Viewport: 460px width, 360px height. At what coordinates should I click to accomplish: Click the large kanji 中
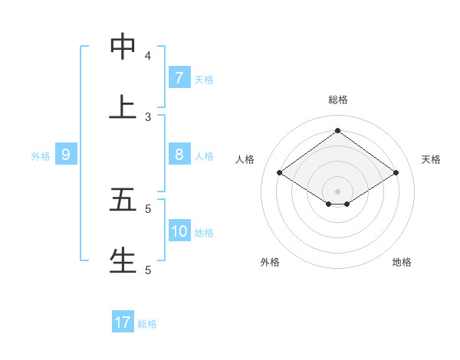tap(123, 47)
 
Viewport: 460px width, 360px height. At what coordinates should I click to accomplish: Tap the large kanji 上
tap(123, 107)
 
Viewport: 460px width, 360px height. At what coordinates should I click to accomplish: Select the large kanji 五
tap(123, 199)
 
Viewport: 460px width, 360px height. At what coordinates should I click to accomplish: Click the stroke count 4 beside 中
tap(148, 56)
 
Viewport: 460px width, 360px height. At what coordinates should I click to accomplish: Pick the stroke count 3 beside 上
tap(148, 117)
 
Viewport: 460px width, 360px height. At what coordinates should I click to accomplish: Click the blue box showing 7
tap(179, 78)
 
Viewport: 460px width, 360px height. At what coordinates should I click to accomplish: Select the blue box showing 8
tap(179, 155)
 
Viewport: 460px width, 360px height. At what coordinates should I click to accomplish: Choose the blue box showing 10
tap(179, 231)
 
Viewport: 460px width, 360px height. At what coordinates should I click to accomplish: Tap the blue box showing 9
tap(66, 155)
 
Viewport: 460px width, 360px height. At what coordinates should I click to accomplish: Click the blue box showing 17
tap(123, 322)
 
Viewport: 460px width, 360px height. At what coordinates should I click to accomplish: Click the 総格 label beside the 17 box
tap(147, 324)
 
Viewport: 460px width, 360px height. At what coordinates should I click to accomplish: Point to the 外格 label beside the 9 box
tap(41, 156)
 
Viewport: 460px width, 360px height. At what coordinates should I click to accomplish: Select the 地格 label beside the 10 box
tap(204, 233)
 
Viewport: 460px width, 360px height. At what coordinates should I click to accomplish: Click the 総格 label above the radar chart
tap(337, 100)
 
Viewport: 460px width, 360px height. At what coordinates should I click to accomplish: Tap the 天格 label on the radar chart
tap(431, 159)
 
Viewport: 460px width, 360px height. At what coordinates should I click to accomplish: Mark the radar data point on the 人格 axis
tap(279, 173)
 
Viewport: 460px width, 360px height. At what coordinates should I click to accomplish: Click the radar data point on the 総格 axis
tap(337, 130)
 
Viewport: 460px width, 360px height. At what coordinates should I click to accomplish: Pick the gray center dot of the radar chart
tap(337, 191)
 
